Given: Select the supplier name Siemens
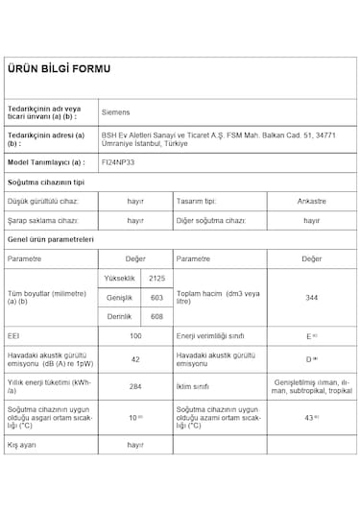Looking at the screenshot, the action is coord(116,112).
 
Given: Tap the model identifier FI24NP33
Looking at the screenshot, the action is coord(118,164).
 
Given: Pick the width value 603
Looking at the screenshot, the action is coord(156,297).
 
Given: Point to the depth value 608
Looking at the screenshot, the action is coord(156,316).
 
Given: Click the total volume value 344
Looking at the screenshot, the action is coord(311,298).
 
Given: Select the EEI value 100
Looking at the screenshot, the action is coord(135,336).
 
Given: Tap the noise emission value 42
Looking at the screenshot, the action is coord(135,358).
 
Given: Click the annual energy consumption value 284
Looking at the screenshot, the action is coord(135,386).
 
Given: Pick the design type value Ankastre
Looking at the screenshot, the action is coord(311,202).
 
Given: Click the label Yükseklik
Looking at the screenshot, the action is coord(119,278).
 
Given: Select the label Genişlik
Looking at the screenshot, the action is coord(118,297).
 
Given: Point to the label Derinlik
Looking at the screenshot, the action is coord(118,316).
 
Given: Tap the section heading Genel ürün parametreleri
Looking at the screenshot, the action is coord(50,238).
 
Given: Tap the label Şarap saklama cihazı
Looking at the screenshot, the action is coord(42,220).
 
